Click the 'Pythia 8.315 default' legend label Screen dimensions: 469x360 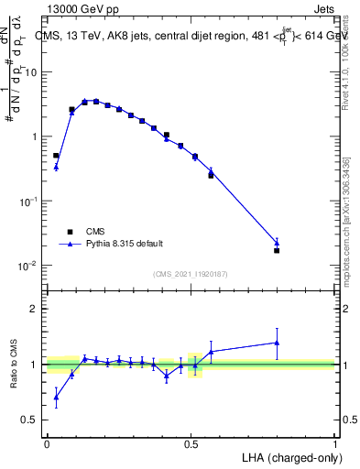point(124,244)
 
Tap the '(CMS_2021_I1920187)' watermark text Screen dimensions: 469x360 point(191,273)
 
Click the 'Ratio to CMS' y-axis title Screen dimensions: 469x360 point(14,364)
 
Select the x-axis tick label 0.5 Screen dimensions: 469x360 point(191,443)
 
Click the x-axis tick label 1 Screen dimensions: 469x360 point(334,443)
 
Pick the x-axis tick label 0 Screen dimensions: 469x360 point(47,443)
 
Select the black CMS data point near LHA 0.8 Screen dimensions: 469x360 point(277,250)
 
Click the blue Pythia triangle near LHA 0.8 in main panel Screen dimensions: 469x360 point(277,243)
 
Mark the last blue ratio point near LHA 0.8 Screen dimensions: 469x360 point(277,343)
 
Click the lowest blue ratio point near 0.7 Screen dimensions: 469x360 point(56,397)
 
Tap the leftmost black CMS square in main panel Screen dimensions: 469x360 point(56,156)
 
